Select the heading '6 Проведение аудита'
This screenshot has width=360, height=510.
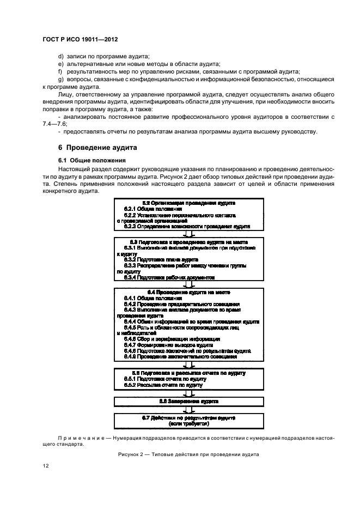pyautogui.click(x=97, y=148)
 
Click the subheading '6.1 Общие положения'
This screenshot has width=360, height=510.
pyautogui.click(x=93, y=160)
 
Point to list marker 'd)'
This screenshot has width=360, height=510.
pyautogui.click(x=60, y=57)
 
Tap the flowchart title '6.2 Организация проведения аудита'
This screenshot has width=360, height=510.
pyautogui.click(x=188, y=203)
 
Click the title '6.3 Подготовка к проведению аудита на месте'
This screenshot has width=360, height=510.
pyautogui.click(x=188, y=241)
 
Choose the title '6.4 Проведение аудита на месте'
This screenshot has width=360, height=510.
pyautogui.click(x=188, y=292)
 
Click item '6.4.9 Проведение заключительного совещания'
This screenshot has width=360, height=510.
pyautogui.click(x=180, y=357)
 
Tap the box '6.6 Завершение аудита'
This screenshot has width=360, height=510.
pyautogui.click(x=188, y=401)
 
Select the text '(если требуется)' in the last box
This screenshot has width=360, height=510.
pyautogui.click(x=188, y=423)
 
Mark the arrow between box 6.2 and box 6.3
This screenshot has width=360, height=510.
pyautogui.click(x=188, y=233)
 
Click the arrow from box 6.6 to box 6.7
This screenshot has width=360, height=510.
pyautogui.click(x=188, y=410)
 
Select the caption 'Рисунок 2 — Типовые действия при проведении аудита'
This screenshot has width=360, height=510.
pyautogui.click(x=188, y=454)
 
